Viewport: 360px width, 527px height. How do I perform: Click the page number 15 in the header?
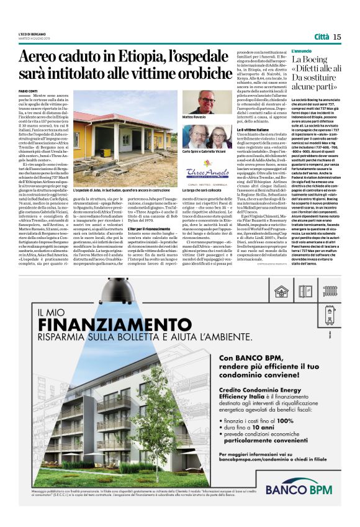pyautogui.click(x=337, y=37)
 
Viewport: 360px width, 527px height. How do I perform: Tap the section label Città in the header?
pyautogui.click(x=321, y=37)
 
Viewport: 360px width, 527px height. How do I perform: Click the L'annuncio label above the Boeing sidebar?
pyautogui.click(x=302, y=50)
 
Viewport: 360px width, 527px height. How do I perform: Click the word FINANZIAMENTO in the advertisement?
pyautogui.click(x=110, y=325)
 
